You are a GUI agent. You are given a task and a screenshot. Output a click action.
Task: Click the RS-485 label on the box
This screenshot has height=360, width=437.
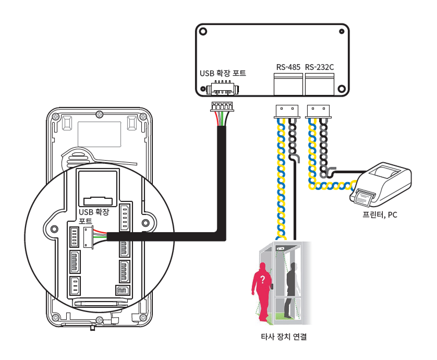click(288, 67)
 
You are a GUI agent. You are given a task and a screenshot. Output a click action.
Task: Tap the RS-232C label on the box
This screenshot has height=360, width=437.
click(319, 67)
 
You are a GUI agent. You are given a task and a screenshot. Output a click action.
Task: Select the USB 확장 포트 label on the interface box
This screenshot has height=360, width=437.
click(223, 73)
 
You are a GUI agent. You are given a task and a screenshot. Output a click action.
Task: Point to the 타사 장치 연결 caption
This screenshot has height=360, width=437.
click(283, 337)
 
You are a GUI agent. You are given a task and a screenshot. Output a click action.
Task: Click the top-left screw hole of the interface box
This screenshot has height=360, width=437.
click(203, 31)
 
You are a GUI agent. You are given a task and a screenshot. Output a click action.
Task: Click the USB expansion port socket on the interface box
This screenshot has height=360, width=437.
click(223, 88)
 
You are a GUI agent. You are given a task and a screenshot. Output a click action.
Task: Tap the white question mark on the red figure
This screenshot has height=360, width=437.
click(263, 280)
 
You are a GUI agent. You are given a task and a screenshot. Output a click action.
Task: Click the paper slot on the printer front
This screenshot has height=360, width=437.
click(365, 197)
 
